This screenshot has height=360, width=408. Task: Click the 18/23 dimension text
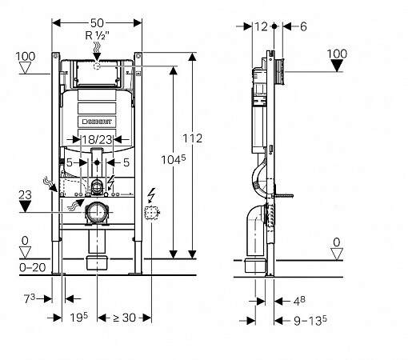[96, 140]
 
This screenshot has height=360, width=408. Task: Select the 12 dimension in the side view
[261, 26]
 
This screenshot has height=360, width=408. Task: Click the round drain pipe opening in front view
[97, 213]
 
